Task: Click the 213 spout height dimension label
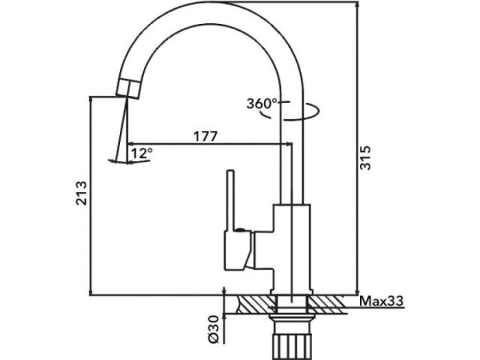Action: (82, 194)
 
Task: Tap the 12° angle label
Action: (141, 153)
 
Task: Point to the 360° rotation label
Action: (262, 104)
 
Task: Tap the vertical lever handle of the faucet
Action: (231, 199)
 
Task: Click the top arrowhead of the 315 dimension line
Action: (357, 5)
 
